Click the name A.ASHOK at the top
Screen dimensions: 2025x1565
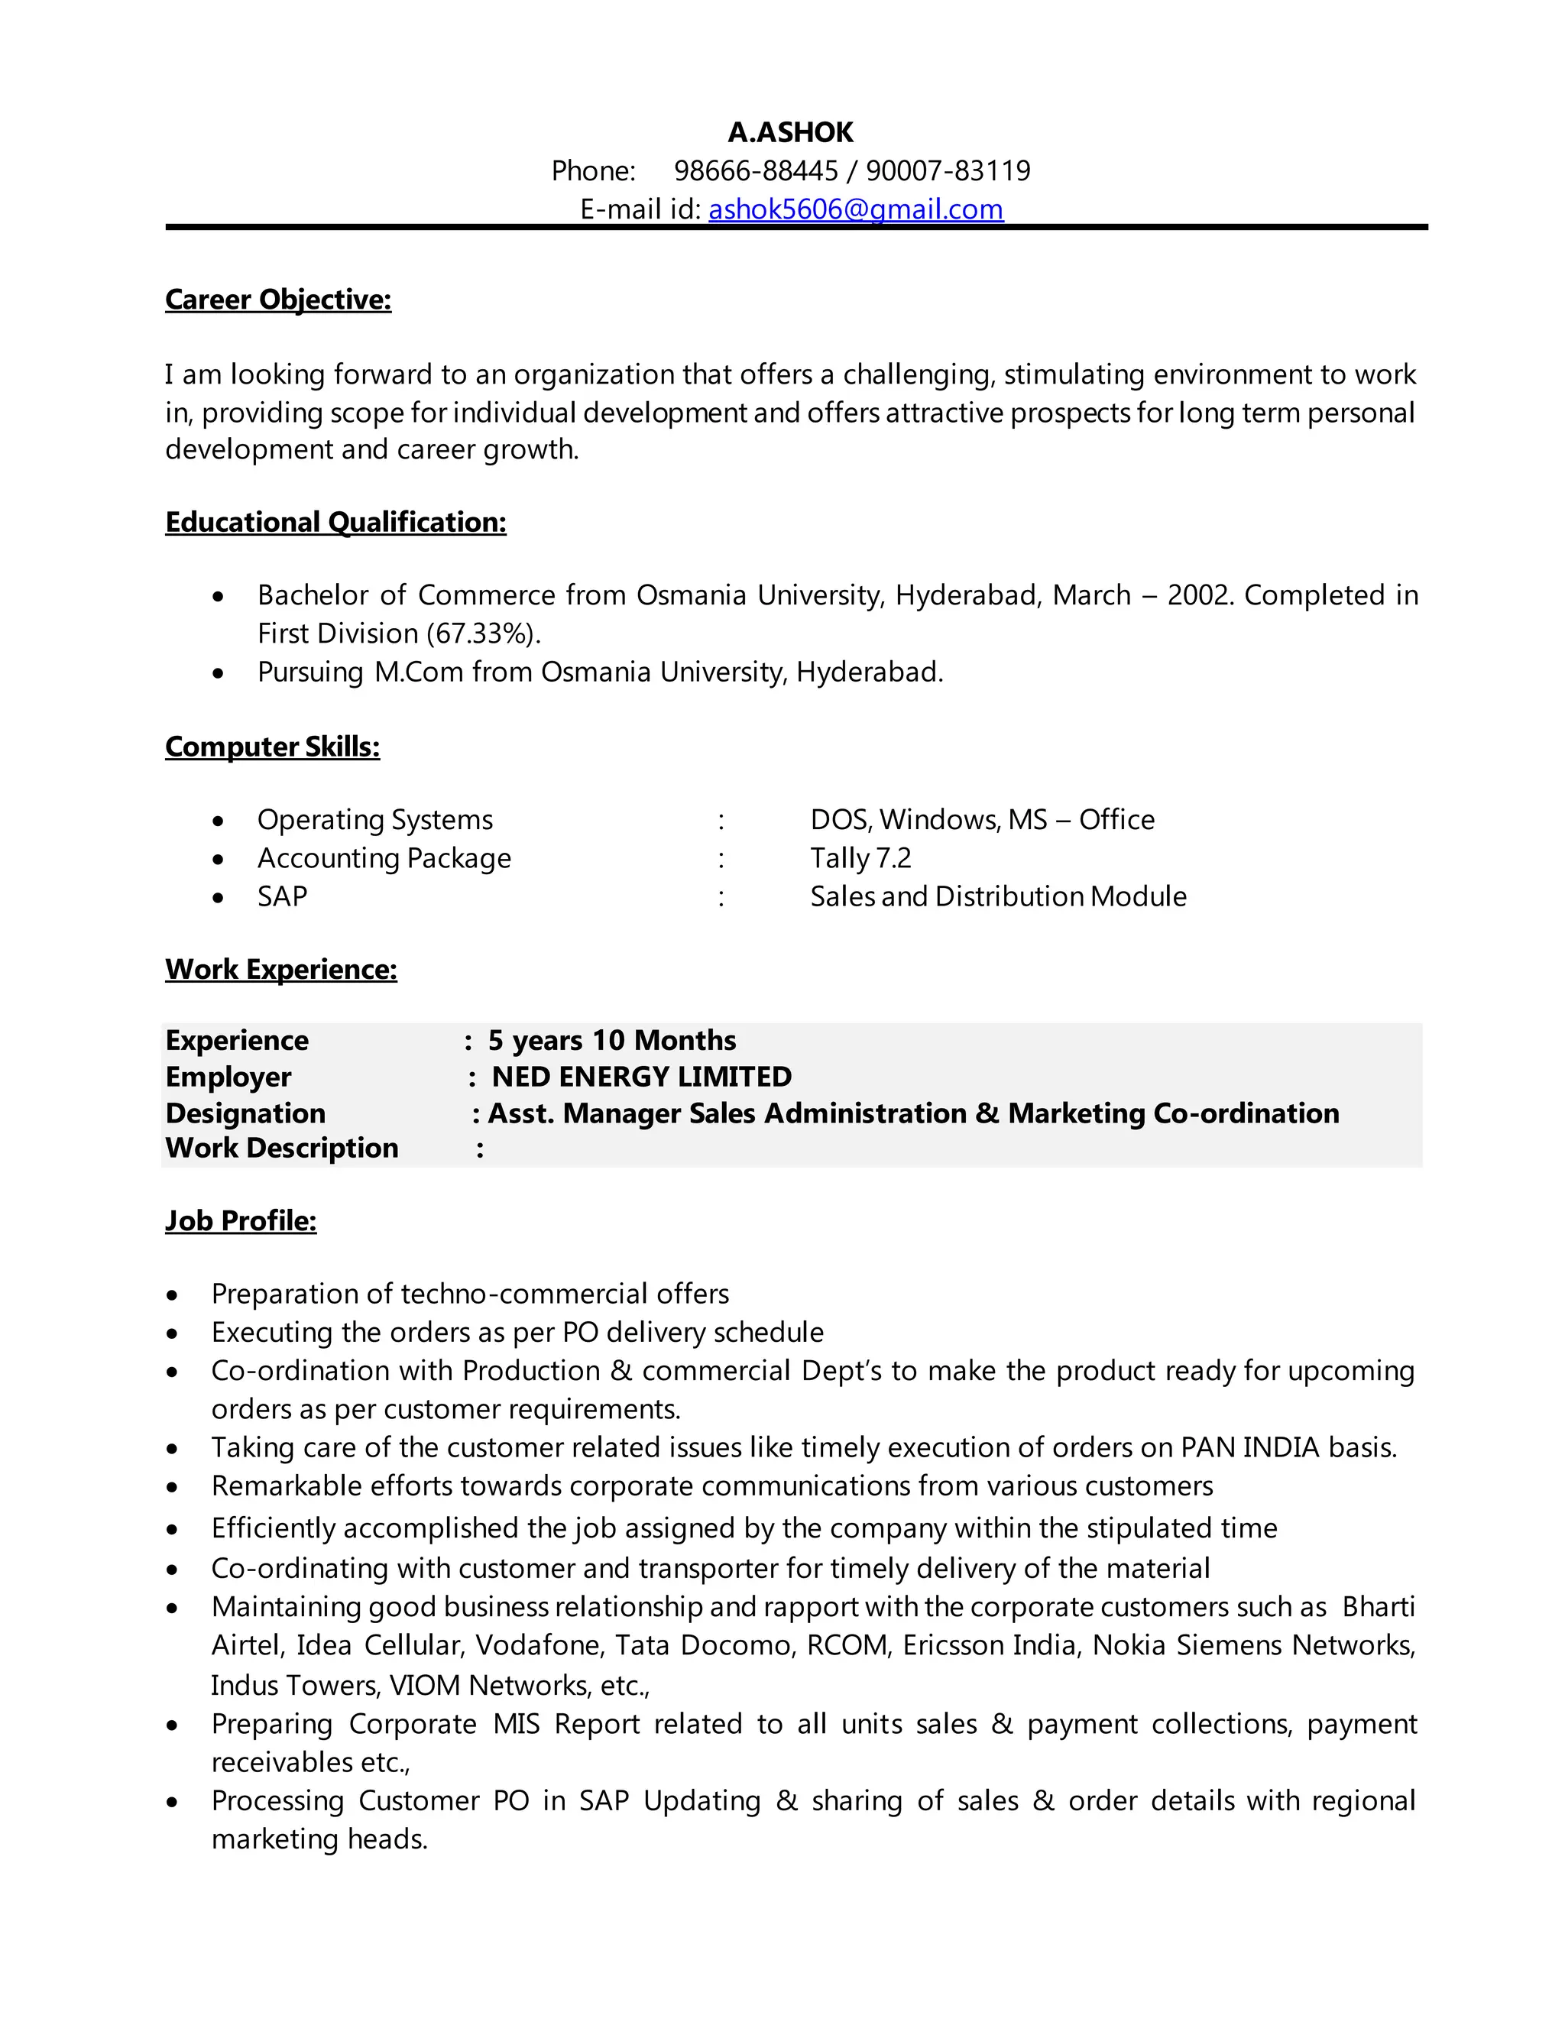click(x=790, y=133)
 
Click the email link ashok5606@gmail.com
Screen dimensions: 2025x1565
click(x=855, y=209)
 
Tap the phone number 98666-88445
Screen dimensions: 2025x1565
click(x=756, y=170)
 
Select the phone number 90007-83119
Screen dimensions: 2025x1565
click(x=948, y=170)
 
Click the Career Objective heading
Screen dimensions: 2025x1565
click(x=278, y=300)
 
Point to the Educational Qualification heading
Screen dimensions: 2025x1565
click(x=335, y=522)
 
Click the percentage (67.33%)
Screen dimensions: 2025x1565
click(x=483, y=633)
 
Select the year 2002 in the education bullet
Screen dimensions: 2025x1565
click(x=1200, y=595)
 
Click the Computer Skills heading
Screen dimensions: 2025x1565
click(x=273, y=747)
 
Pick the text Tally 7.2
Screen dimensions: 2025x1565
click(x=860, y=859)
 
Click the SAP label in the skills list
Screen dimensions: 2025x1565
click(x=282, y=896)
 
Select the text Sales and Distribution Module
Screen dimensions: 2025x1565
click(x=997, y=896)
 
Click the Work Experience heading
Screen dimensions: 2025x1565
click(x=281, y=969)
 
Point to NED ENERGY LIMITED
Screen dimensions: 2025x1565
click(x=642, y=1077)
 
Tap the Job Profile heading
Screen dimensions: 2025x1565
click(x=241, y=1221)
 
